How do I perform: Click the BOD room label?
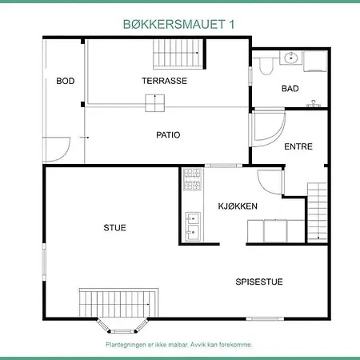coord(65,81)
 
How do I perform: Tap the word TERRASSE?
coord(164,81)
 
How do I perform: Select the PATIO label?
coord(168,135)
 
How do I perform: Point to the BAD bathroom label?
coord(290,89)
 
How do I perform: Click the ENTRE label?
coord(298,147)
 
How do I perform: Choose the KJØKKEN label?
coord(238,206)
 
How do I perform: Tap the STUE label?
coord(115,228)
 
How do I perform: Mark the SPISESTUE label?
coord(259,282)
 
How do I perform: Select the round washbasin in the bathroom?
coord(291,58)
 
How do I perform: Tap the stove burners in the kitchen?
coord(192,182)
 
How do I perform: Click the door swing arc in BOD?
coord(57,148)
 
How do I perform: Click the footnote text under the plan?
coord(179,345)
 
